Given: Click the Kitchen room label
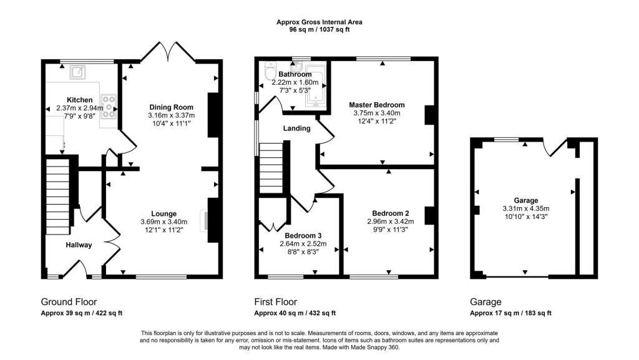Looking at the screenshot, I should click(80, 100).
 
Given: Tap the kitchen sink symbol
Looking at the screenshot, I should click(79, 73).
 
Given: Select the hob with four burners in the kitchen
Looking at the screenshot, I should click(109, 105).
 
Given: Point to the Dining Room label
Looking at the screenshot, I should click(171, 107).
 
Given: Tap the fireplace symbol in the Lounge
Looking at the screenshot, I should click(203, 221).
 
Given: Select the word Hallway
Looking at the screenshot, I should click(79, 245).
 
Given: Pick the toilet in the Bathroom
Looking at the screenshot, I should click(270, 74).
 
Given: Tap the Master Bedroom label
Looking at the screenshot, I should click(376, 105).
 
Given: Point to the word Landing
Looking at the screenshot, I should click(296, 129).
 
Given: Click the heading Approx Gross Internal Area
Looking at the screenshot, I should click(319, 22).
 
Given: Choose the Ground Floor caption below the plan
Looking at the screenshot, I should click(69, 302).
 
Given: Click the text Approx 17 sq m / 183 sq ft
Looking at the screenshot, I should click(510, 313).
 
